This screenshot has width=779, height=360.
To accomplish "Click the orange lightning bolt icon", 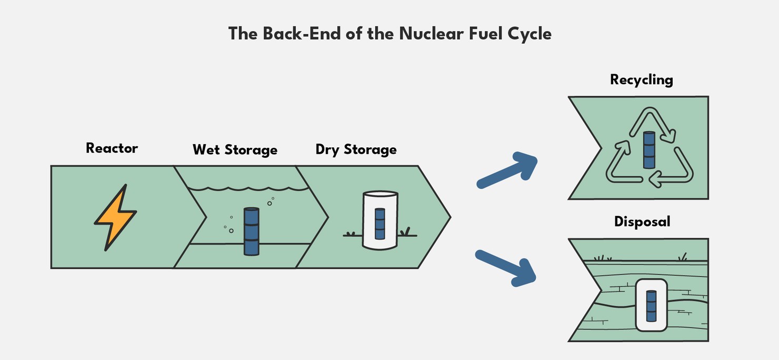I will (115, 217).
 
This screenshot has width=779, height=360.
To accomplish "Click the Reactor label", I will (112, 148).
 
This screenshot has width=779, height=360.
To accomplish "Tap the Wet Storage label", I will (235, 149).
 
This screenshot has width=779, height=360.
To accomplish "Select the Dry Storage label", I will (356, 149).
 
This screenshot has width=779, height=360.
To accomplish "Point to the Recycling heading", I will (641, 80).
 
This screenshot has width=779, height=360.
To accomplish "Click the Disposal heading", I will (642, 222).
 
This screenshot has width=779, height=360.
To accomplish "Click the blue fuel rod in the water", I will (252, 232).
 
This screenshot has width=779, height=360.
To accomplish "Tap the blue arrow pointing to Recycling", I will (507, 168).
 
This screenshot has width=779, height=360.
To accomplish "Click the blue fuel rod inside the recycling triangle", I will (649, 150).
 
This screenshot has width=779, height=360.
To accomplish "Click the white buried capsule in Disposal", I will (651, 305).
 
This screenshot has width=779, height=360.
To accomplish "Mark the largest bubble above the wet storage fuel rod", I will (269, 203).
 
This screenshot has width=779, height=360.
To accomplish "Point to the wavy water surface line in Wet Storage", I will (247, 188).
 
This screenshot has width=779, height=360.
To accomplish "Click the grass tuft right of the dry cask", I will (405, 232).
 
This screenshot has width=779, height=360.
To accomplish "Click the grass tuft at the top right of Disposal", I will (683, 257).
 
